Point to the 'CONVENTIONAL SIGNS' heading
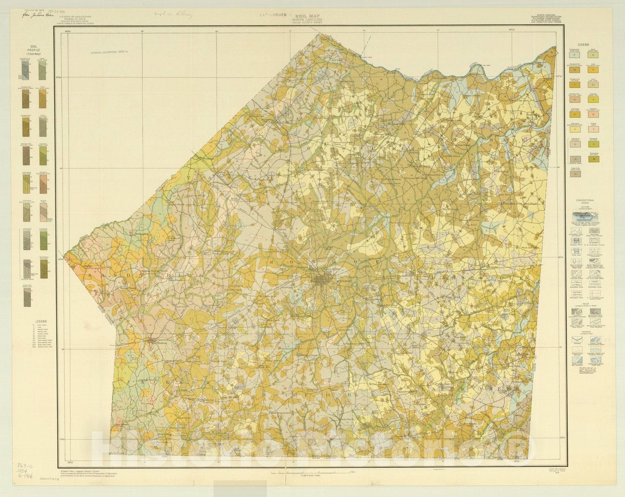point(584,201)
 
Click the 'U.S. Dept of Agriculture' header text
point(75,17)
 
